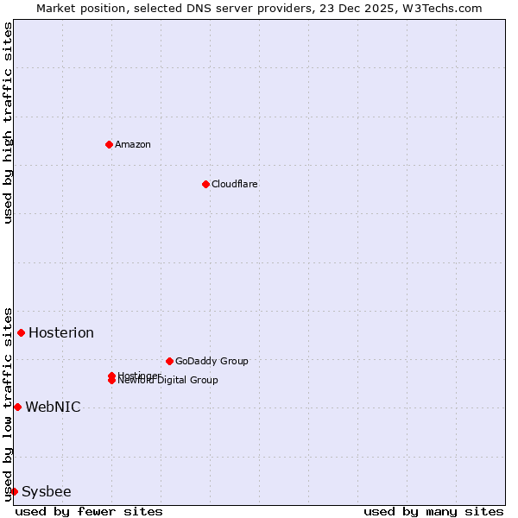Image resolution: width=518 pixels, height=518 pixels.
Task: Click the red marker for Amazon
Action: [109, 144]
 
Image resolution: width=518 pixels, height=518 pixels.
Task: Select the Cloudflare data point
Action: [205, 184]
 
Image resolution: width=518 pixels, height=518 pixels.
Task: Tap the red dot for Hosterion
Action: [21, 332]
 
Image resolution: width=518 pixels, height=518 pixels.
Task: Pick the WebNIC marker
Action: [17, 407]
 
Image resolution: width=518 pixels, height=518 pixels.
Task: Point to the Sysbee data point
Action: [14, 491]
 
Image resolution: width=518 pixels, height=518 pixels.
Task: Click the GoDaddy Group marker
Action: [169, 361]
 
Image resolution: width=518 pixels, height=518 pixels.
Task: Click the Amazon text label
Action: [133, 144]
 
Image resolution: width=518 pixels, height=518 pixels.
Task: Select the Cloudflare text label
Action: [235, 184]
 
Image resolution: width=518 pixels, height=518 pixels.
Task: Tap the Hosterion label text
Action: [61, 333]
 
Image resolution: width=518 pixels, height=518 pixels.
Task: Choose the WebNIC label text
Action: [53, 407]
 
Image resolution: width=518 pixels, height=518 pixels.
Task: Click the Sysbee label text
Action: [47, 492]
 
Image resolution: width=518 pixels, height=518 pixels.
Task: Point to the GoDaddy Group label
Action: [212, 361]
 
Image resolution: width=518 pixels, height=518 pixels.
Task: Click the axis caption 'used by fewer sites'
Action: [89, 511]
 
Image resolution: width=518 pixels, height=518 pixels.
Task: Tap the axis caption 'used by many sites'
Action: [433, 511]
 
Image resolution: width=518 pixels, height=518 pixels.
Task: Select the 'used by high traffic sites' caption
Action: [9, 123]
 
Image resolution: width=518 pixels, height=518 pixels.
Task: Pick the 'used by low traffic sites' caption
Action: [9, 404]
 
